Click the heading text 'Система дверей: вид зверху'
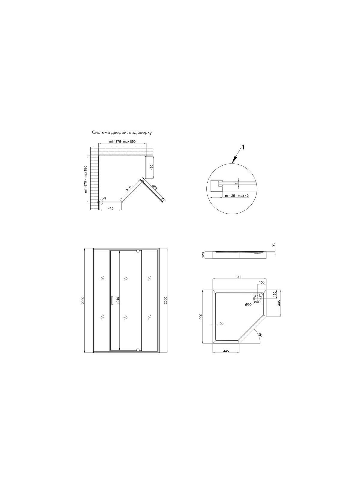[x=122, y=133]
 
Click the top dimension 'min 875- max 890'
[x=122, y=142]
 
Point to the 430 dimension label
[x=152, y=167]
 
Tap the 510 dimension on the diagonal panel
[x=128, y=188]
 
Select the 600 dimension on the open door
[x=154, y=187]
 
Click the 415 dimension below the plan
[x=111, y=208]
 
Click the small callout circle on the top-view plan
[x=100, y=202]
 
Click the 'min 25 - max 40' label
[x=237, y=196]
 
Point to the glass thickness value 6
[x=237, y=183]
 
